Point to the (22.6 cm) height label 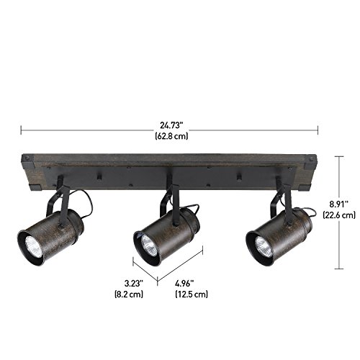pos(339,215)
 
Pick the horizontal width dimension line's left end pos(22,130)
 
